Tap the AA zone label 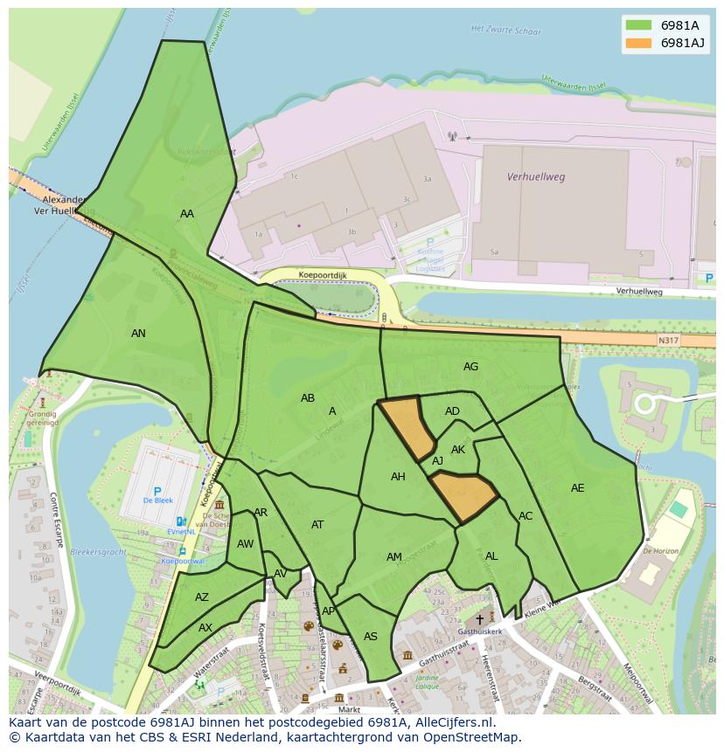187,214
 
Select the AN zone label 138,334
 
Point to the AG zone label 470,367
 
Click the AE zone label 577,488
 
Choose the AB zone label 308,398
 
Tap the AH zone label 398,477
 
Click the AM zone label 394,557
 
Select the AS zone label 371,637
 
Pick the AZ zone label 202,598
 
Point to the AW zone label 246,544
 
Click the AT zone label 317,525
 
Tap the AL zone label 491,556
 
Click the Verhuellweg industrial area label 536,176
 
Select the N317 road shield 668,341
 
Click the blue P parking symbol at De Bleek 158,493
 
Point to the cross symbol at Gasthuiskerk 479,618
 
